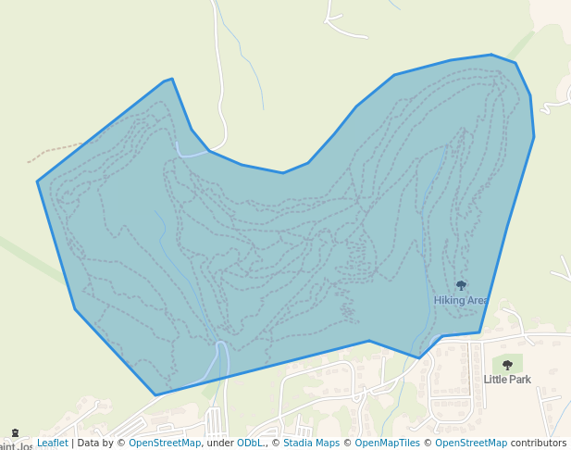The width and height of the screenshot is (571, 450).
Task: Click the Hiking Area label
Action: (x=460, y=300)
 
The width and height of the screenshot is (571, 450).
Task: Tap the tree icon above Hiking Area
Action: (x=461, y=285)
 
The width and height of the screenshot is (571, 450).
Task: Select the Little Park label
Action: (x=507, y=380)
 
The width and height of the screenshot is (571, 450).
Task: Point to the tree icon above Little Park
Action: (x=507, y=365)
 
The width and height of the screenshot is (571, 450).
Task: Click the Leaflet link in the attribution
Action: (x=53, y=444)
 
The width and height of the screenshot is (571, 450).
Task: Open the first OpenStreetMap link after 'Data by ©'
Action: (x=165, y=444)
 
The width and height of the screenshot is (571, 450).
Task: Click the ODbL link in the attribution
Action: (x=250, y=444)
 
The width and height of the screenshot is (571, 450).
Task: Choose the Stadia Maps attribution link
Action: (x=311, y=444)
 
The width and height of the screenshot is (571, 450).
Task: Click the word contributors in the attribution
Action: (x=539, y=444)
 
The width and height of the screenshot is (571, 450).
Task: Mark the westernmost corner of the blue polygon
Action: (x=37, y=181)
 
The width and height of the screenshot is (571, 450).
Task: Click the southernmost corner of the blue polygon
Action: (x=155, y=395)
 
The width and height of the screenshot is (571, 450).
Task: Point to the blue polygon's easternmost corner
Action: (x=534, y=138)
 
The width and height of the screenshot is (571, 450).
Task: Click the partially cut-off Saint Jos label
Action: (x=17, y=446)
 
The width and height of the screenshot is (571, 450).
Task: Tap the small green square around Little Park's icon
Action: (x=507, y=364)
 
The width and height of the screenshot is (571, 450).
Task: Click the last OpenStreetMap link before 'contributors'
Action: (x=471, y=444)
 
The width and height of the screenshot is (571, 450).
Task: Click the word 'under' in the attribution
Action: (x=218, y=444)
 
